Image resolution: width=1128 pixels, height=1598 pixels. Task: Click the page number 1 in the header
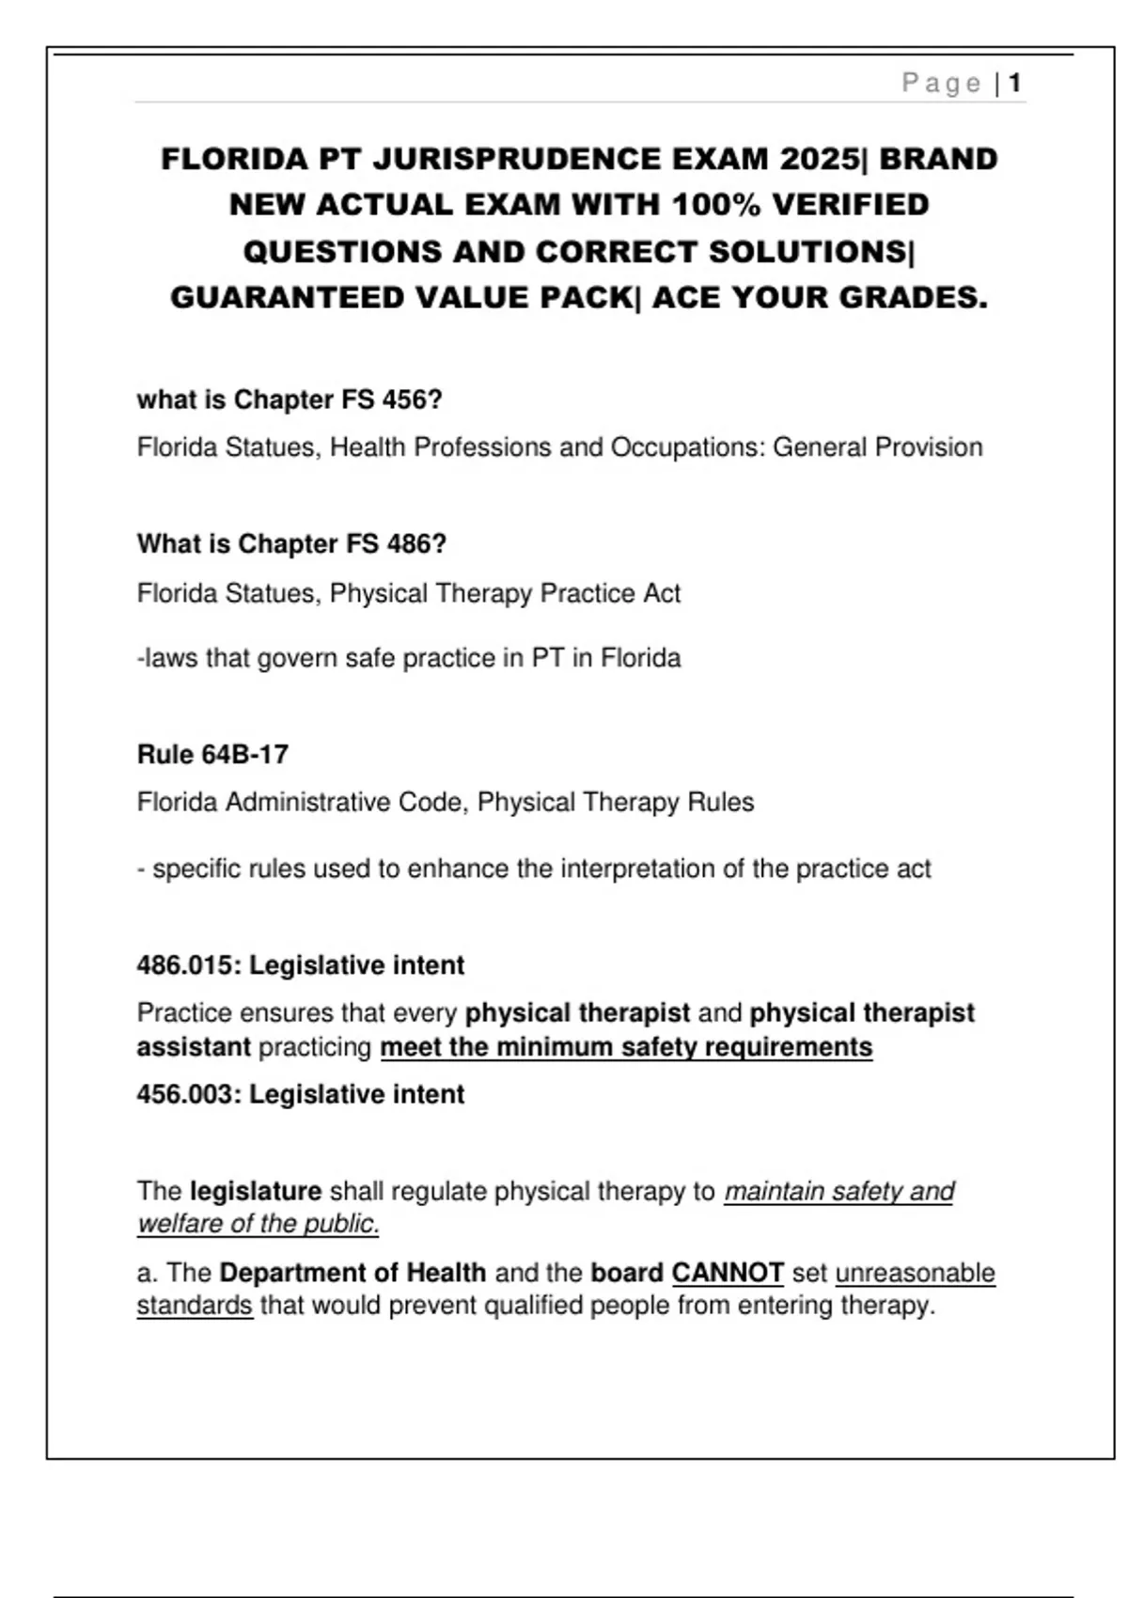coord(1015,84)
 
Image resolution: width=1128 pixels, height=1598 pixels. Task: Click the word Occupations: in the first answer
coord(688,447)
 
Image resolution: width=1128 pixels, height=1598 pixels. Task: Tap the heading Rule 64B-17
coord(212,755)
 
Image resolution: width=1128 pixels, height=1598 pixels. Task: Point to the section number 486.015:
coord(188,966)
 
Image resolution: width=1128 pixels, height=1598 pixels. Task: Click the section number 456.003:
coord(188,1095)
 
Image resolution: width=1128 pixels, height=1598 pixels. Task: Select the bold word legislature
coord(256,1192)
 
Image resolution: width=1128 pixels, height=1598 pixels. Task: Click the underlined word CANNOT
coord(728,1273)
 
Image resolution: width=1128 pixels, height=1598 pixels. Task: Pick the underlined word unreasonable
coord(915,1273)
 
